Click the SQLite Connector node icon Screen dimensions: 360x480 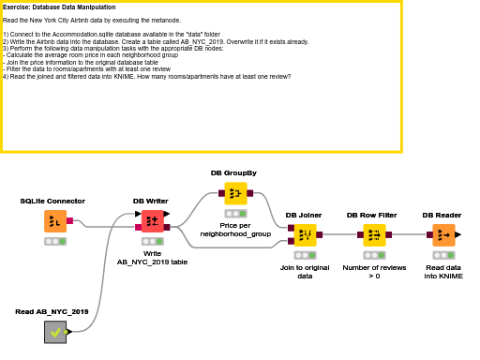point(55,221)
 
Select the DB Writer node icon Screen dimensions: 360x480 point(152,221)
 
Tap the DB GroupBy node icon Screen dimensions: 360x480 point(235,193)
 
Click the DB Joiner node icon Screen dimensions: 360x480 point(304,234)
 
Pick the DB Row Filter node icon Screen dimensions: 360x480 point(374,234)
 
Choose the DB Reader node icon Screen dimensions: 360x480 point(442,234)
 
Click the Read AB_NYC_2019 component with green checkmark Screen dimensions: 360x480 point(55,331)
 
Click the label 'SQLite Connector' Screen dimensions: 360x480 point(52,201)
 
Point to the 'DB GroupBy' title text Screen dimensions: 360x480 point(233,172)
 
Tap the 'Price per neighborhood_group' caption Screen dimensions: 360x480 point(235,230)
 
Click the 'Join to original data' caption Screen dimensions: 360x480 point(304,272)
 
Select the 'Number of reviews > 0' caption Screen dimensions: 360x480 point(374,272)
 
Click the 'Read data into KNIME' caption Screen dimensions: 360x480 point(442,272)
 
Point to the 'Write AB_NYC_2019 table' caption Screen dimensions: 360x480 point(152,258)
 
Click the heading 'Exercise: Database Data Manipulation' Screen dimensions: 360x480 point(59,7)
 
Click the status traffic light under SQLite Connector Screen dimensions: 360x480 point(55,241)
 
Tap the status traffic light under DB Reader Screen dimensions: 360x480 point(442,254)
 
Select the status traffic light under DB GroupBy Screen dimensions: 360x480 point(235,213)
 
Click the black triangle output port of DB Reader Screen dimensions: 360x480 point(458,234)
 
